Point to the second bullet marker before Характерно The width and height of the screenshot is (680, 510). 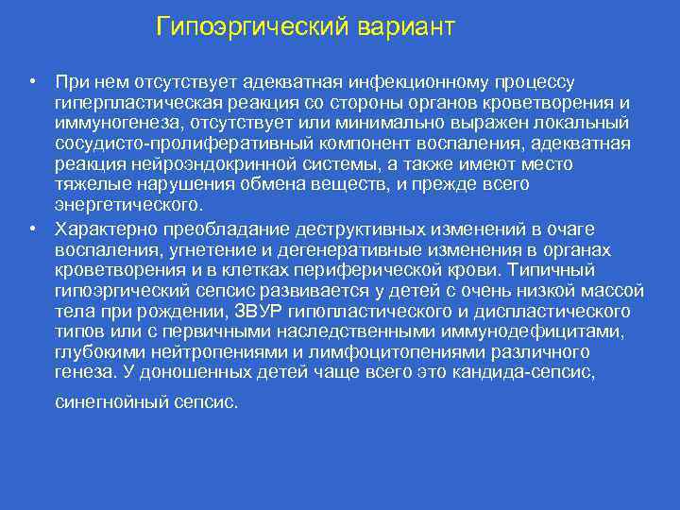32,229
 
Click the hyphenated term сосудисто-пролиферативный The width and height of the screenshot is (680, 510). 166,144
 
